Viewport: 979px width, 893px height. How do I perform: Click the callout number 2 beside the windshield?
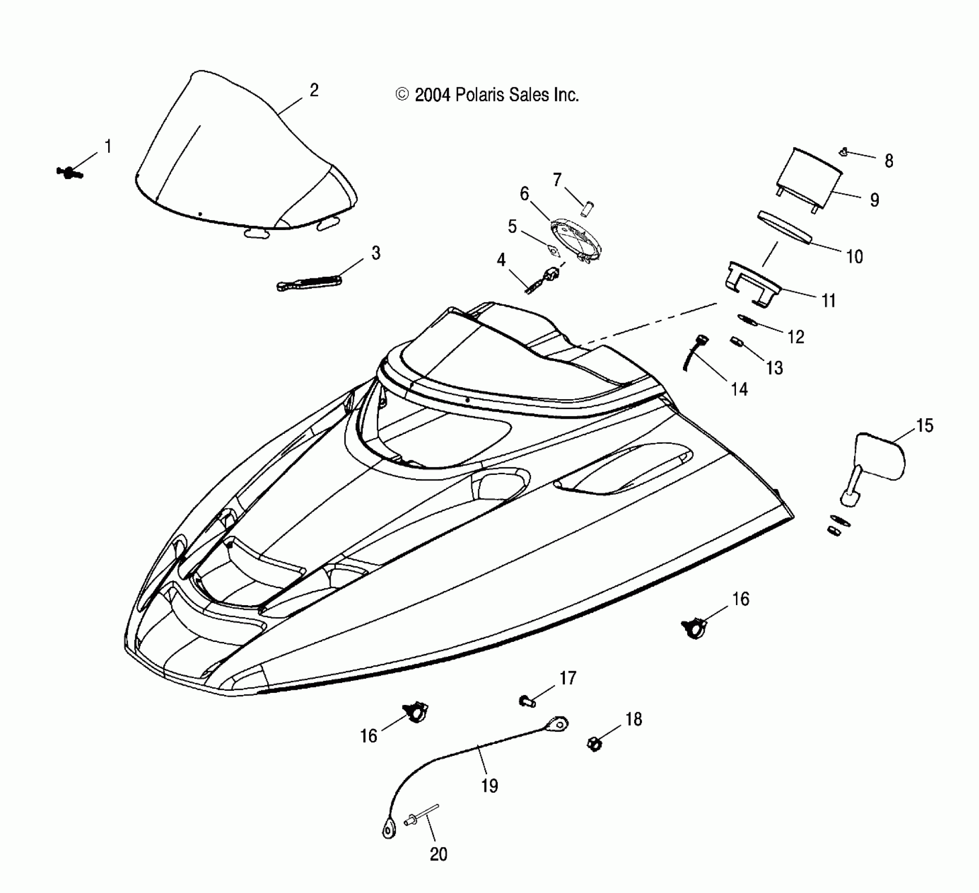tap(314, 90)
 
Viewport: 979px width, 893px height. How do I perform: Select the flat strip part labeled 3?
tap(309, 282)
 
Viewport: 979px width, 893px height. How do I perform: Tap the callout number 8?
tap(888, 161)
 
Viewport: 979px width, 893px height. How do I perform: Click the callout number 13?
tap(774, 368)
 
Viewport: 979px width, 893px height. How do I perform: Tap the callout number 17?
tap(568, 678)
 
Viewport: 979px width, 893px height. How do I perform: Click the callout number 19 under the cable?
tap(489, 786)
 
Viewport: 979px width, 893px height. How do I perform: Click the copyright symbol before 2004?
tap(402, 95)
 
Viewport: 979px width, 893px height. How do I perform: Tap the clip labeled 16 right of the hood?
tap(694, 627)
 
